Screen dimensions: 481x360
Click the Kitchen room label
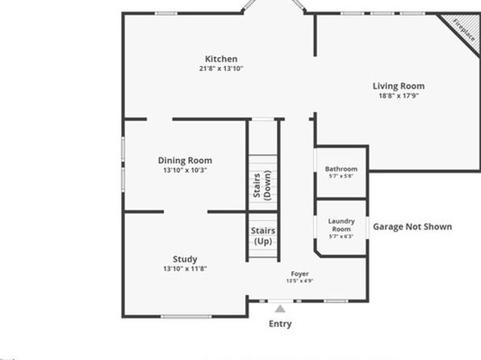[221, 59]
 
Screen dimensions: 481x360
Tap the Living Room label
[399, 86]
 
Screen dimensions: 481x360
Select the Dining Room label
[185, 161]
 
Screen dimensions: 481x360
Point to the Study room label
[185, 259]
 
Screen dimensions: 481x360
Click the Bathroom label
[341, 170]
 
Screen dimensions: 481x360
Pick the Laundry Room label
[341, 225]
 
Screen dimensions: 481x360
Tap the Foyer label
[299, 274]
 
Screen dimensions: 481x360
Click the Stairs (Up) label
[263, 236]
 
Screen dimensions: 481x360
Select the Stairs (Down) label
[262, 186]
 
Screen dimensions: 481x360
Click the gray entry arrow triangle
[280, 309]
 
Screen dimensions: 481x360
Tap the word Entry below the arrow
[280, 324]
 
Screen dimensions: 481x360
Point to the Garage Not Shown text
[412, 227]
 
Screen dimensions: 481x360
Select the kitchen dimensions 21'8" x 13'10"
[221, 69]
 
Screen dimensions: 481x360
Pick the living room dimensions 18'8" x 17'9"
[399, 96]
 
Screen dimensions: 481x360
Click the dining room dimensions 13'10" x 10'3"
[185, 170]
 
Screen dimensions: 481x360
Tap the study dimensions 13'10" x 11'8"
[185, 269]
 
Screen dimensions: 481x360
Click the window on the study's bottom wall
[186, 316]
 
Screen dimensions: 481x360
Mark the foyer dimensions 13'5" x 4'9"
[299, 281]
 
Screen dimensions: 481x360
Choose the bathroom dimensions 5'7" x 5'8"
[341, 176]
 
